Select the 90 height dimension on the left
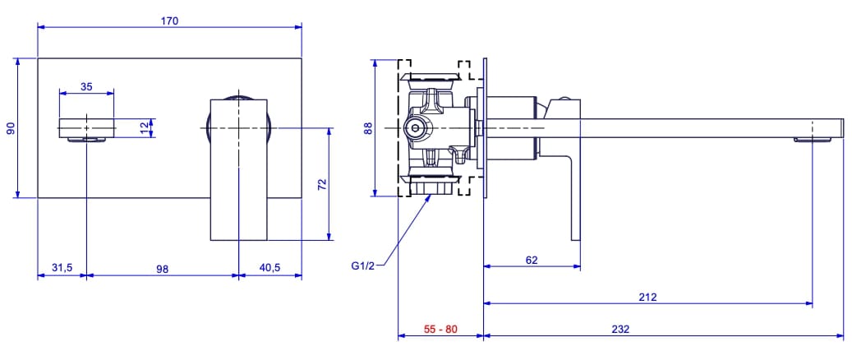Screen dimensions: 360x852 (x=11, y=127)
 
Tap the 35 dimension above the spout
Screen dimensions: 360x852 (x=86, y=85)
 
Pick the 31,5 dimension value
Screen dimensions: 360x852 (x=62, y=268)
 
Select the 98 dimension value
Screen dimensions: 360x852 (x=162, y=268)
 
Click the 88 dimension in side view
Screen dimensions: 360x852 (x=368, y=127)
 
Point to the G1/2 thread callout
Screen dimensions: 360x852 (x=362, y=265)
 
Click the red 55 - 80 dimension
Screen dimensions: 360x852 (x=440, y=329)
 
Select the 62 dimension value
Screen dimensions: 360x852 (x=532, y=260)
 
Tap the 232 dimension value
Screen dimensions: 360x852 (x=620, y=329)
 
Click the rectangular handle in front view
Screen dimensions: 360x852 (x=239, y=168)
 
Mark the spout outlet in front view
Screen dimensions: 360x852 (x=86, y=128)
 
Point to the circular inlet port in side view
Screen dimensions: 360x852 (x=416, y=128)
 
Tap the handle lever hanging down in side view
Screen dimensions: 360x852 (x=572, y=197)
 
